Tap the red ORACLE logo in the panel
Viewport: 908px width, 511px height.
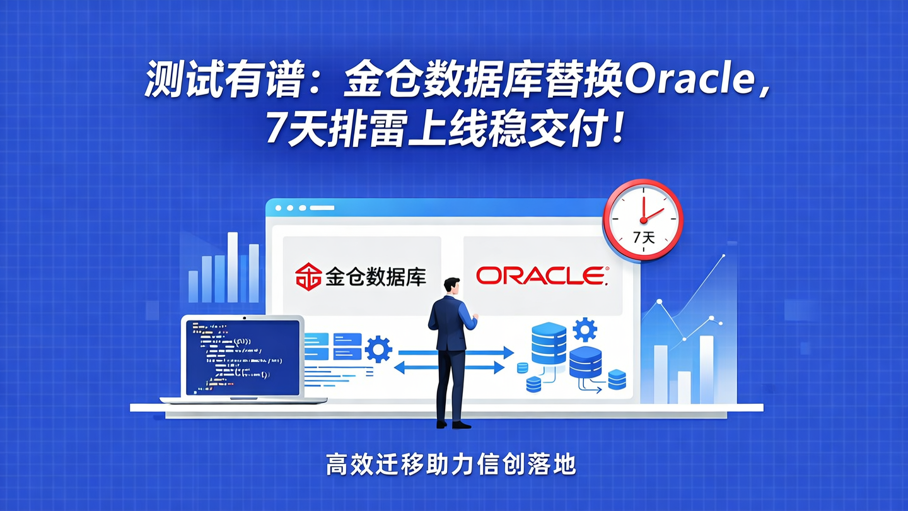(542, 276)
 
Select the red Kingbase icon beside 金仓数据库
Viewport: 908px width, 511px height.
(308, 276)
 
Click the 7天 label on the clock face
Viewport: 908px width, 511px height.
(643, 238)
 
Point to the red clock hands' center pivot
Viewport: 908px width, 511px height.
(643, 220)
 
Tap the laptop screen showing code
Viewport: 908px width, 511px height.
(241, 356)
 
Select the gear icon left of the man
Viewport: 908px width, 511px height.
(378, 349)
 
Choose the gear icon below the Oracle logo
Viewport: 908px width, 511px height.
(585, 329)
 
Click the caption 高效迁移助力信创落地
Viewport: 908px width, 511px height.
(451, 465)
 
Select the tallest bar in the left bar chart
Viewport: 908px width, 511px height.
(233, 267)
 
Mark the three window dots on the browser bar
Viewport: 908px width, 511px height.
(290, 208)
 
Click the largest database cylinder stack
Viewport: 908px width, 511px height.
(549, 343)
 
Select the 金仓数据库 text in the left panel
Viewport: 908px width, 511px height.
(376, 276)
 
